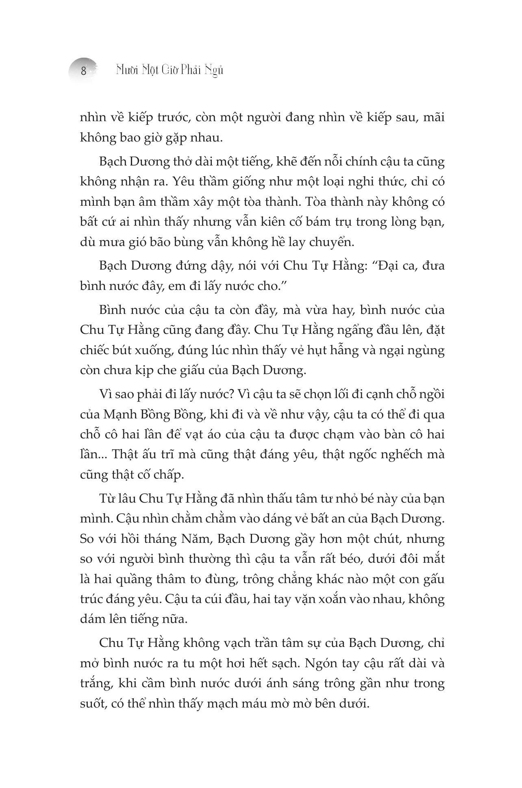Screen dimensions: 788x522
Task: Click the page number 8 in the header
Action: coord(84,71)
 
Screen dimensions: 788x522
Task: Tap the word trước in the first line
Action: coord(171,118)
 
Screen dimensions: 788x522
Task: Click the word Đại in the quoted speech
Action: coord(387,266)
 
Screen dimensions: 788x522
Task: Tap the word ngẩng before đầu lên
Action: coord(356,330)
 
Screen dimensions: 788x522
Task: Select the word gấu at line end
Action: coord(434,579)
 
